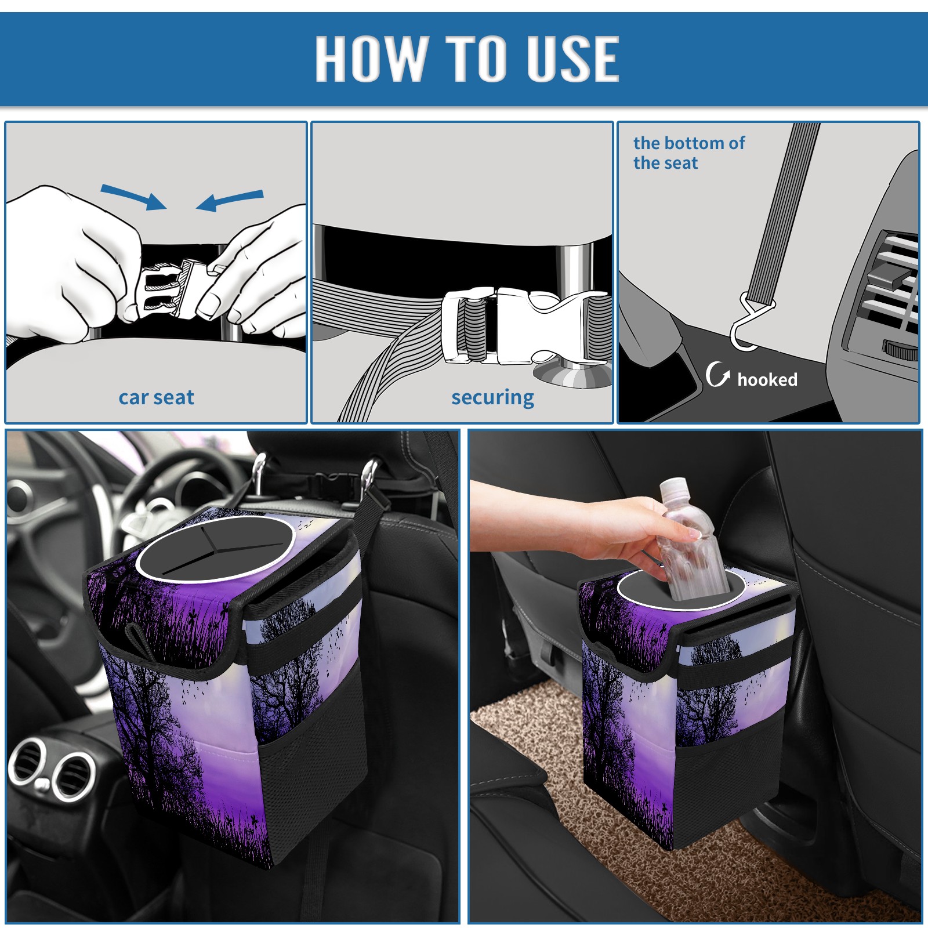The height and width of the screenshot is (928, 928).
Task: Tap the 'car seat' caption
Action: (156, 397)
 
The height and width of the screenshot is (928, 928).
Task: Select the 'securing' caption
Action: (492, 397)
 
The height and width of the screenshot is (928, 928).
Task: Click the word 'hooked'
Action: (767, 379)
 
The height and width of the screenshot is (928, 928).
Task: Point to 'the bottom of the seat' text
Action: (689, 153)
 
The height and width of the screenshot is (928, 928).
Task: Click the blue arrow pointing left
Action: (230, 201)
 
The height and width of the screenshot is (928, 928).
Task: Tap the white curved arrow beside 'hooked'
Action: (717, 374)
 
